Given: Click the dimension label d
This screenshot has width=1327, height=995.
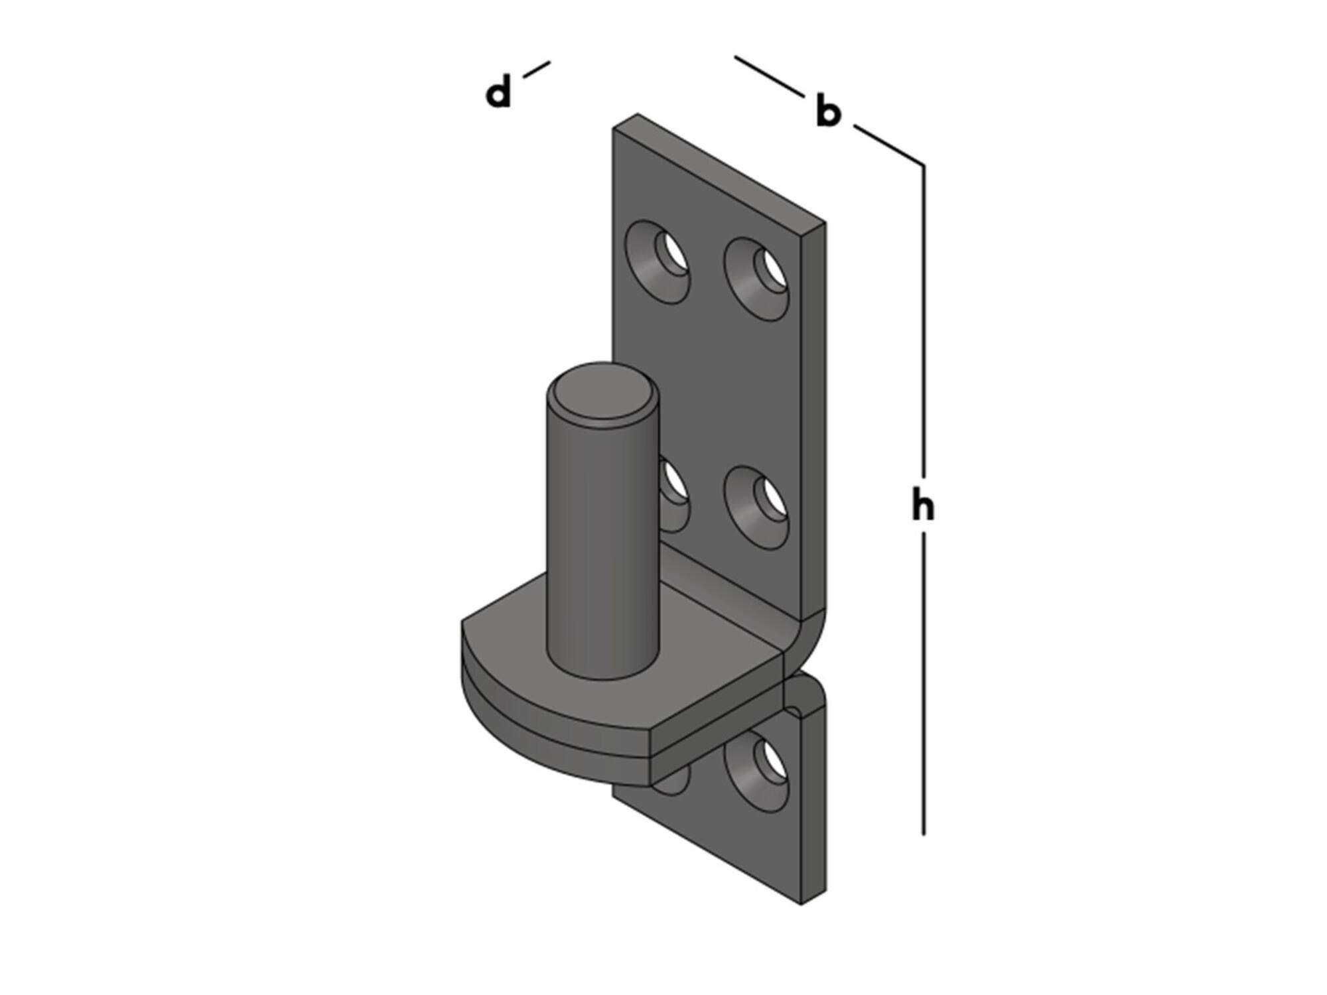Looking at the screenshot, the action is click(x=499, y=92).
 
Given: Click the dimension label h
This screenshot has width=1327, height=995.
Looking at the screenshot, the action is click(x=923, y=505).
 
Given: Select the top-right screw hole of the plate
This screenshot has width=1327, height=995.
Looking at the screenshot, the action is click(x=756, y=279).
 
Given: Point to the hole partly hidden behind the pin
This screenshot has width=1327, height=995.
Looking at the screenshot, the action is click(x=673, y=494).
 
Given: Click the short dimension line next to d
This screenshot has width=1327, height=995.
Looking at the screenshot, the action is click(x=536, y=70).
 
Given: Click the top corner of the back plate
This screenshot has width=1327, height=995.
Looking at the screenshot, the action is click(x=638, y=114).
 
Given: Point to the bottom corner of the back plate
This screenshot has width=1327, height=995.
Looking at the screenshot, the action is click(x=802, y=903).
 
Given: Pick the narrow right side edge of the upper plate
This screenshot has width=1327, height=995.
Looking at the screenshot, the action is click(x=814, y=418).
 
